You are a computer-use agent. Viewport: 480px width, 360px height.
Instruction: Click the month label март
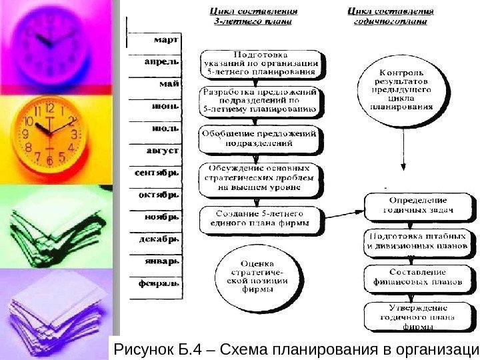click(166, 40)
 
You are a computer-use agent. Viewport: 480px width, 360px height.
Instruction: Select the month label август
click(162, 151)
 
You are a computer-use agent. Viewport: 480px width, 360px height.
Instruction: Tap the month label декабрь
click(158, 238)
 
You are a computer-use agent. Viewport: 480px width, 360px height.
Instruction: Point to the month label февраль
click(158, 283)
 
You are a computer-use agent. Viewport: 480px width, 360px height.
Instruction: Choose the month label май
click(169, 85)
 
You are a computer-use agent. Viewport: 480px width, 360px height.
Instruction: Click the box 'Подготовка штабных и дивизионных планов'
click(417, 241)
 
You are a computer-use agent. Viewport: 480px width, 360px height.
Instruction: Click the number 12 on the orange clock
click(49, 108)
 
